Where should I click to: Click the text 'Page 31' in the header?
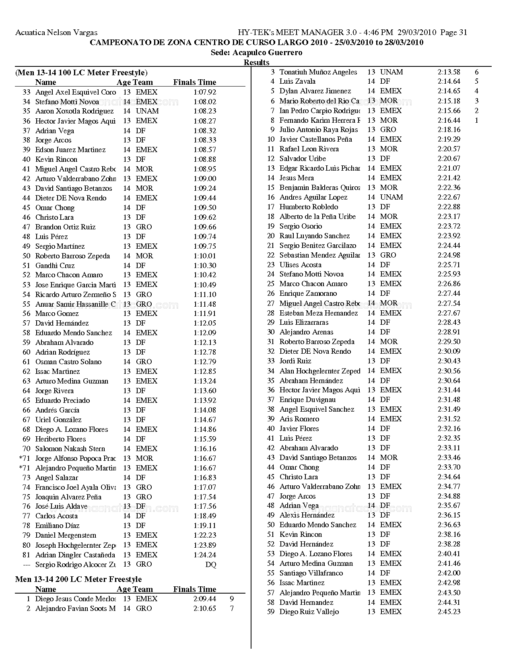[x=454, y=33]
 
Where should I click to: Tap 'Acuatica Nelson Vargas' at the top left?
[x=56, y=33]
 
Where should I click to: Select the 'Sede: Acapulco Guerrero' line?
[x=256, y=53]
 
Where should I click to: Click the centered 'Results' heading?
[x=256, y=62]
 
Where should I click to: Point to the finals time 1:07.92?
[x=205, y=92]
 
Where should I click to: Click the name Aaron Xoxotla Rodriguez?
[x=74, y=111]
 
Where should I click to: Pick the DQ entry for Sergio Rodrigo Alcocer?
[x=211, y=565]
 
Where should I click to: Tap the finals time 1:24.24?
[x=205, y=555]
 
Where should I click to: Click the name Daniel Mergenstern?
[x=66, y=535]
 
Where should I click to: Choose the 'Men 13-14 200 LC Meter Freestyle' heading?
[x=78, y=579]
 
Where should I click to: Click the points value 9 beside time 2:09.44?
[x=232, y=599]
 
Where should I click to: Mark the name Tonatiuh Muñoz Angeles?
[x=318, y=72]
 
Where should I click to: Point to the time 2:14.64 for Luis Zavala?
[x=449, y=82]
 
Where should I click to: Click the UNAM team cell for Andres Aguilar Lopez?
[x=391, y=197]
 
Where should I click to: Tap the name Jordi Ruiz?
[x=295, y=361]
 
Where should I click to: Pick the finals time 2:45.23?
[x=449, y=612]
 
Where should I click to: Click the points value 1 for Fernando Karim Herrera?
[x=477, y=120]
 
